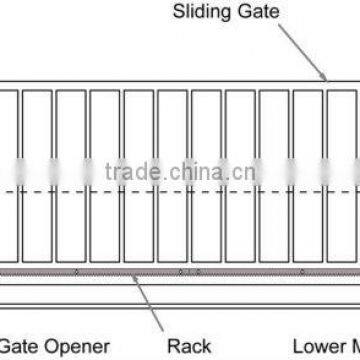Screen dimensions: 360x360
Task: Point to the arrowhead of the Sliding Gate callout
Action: point(325,79)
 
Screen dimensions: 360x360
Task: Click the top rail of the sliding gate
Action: point(180,85)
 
